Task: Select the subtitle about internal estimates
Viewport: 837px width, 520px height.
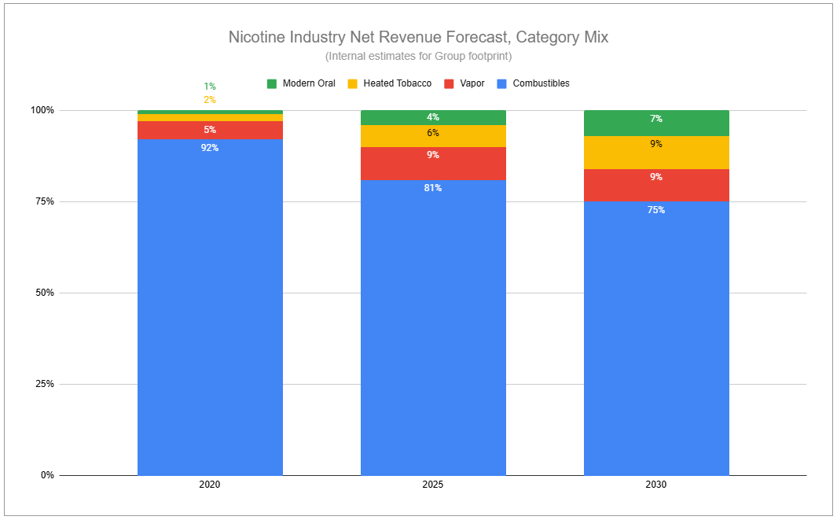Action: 418,56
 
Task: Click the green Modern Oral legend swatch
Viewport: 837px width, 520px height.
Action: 272,84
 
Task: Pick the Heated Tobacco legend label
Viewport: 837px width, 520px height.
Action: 397,83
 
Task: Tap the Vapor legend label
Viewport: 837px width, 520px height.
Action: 472,83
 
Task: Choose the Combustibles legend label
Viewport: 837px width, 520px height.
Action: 541,83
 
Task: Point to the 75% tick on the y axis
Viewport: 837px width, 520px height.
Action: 42,201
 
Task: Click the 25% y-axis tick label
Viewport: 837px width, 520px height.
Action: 42,384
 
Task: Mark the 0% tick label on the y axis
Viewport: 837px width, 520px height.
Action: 47,475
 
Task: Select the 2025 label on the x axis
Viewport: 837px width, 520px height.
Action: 433,485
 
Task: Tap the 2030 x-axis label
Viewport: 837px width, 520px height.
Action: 656,485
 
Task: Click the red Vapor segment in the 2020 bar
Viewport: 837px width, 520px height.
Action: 210,130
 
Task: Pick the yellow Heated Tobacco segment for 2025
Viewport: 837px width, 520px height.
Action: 433,136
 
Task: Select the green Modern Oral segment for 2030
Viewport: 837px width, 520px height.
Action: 656,124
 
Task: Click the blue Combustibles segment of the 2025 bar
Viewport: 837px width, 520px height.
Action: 433,327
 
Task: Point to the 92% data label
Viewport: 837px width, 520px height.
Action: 210,148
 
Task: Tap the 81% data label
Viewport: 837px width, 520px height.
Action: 433,188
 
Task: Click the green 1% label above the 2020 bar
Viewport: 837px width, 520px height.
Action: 210,87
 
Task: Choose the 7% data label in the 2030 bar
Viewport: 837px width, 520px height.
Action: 656,119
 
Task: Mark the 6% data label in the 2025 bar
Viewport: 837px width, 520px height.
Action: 433,133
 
